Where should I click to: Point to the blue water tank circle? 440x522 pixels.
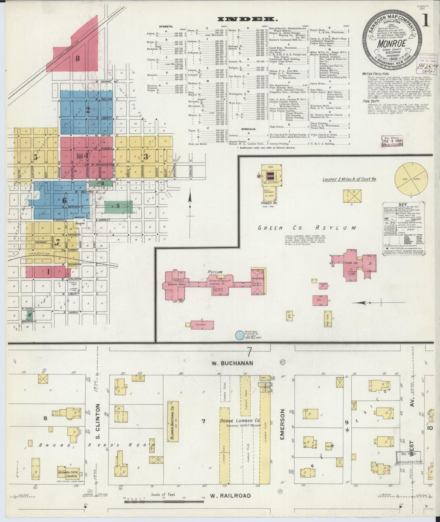(240, 335)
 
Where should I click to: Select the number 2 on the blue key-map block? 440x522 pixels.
(88, 110)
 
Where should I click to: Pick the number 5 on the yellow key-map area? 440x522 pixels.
(36, 157)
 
